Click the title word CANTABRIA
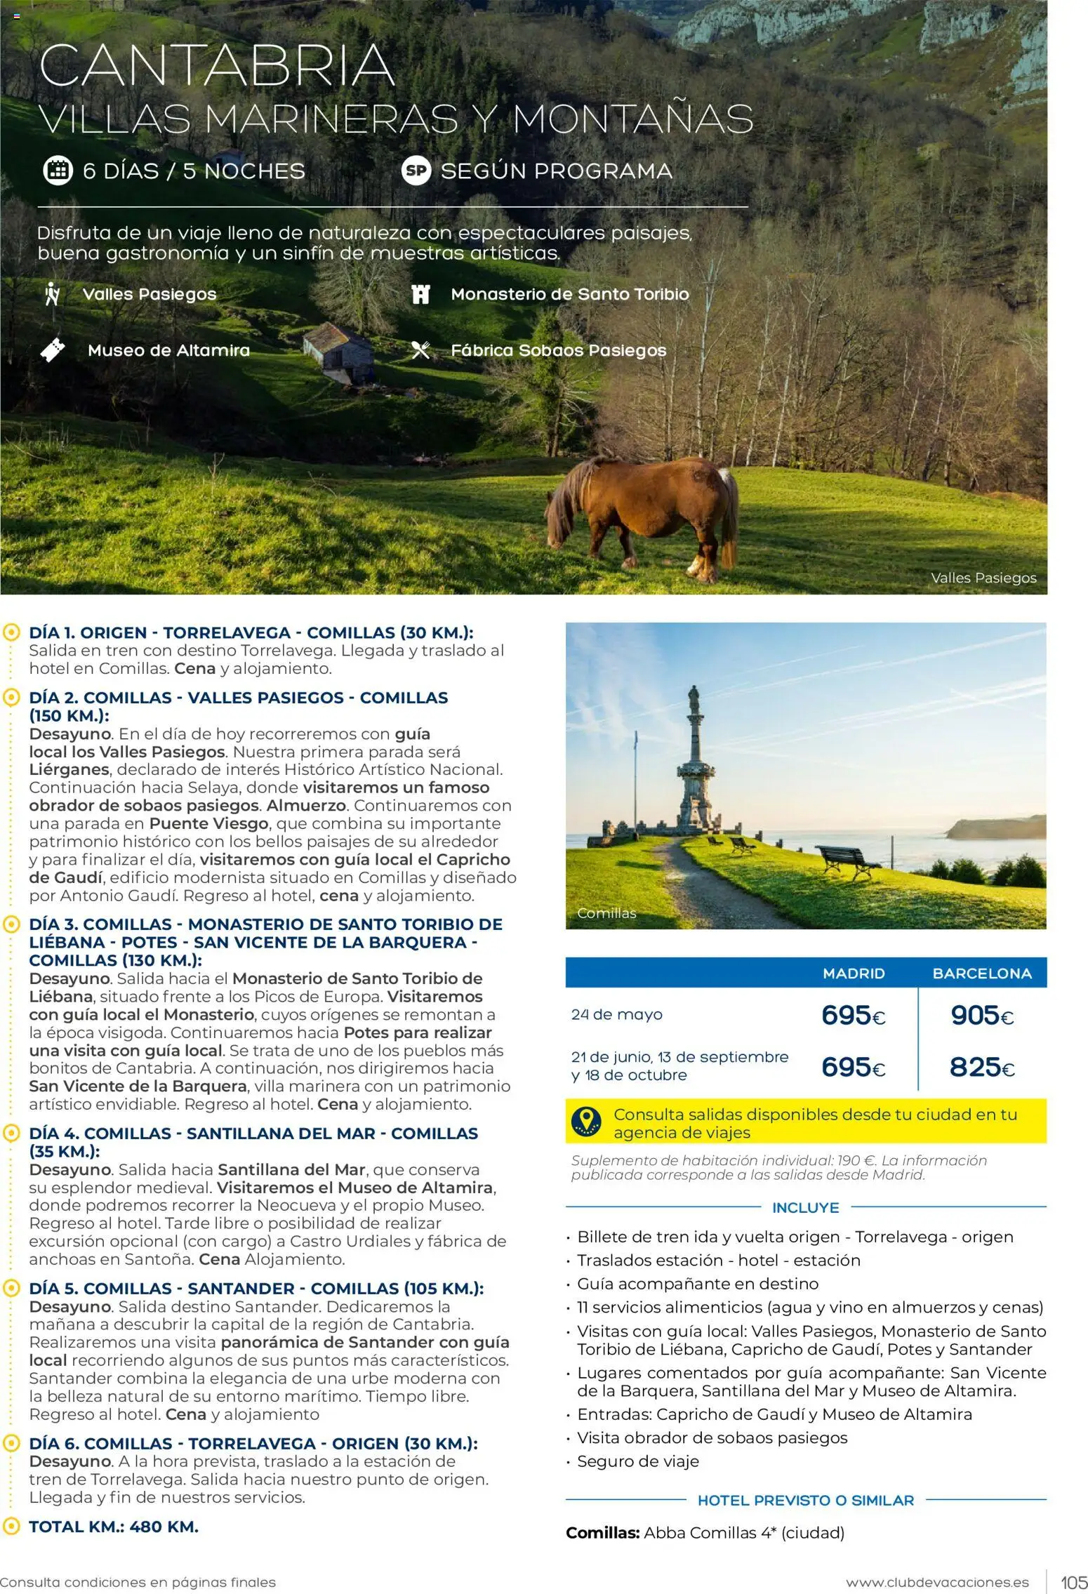click(x=216, y=65)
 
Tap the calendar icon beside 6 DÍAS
click(x=58, y=171)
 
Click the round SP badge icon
click(x=416, y=171)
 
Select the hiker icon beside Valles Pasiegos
click(x=52, y=294)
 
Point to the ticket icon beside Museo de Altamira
click(x=53, y=350)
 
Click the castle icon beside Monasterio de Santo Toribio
click(x=420, y=294)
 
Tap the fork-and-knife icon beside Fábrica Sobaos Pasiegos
click(x=420, y=350)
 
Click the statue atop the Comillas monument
click(x=694, y=698)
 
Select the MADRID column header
click(x=854, y=974)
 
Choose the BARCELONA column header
click(x=981, y=974)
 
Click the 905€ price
click(x=982, y=1015)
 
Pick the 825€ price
click(x=982, y=1068)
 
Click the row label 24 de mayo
click(x=616, y=1015)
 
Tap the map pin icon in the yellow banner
click(x=586, y=1122)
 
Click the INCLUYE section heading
click(x=805, y=1208)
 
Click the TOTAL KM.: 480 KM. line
click(x=114, y=1527)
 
